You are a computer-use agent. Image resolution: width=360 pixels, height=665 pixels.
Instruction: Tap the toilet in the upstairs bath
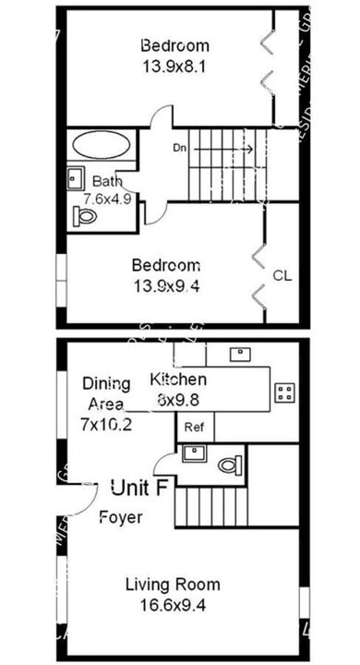point(86,216)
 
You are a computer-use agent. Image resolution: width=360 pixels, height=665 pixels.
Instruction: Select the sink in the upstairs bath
point(76,177)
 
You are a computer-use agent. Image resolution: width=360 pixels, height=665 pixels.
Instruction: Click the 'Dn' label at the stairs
point(180,148)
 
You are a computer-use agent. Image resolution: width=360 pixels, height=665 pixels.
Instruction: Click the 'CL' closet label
point(282,274)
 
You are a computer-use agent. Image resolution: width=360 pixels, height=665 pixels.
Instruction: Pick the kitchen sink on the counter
point(239,353)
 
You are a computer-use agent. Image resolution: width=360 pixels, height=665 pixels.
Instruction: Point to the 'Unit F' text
point(138,487)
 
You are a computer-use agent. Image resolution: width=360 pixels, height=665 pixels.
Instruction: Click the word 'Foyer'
point(121,517)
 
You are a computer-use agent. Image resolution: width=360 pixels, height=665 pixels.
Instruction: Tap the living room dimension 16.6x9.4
point(174,604)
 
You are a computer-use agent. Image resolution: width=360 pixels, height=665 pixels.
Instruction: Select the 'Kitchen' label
point(178,380)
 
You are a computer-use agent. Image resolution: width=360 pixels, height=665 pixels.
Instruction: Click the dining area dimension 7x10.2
point(107,425)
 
